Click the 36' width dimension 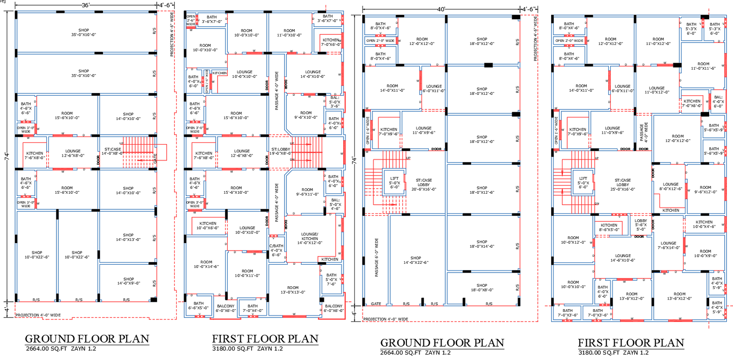(x=86, y=5)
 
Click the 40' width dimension (x=441, y=9)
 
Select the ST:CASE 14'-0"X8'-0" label (x=113, y=151)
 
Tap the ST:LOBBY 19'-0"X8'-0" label (x=280, y=151)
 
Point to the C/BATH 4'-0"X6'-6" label (x=276, y=250)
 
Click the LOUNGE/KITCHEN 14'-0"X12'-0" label (x=310, y=238)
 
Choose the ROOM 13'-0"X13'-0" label (x=293, y=290)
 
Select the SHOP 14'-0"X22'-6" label (x=416, y=260)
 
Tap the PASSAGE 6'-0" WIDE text (x=377, y=257)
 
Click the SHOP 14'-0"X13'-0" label (x=128, y=237)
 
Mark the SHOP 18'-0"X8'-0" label (x=482, y=287)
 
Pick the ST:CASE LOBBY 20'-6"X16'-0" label (x=424, y=185)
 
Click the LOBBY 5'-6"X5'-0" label (x=641, y=225)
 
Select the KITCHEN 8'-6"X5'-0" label (x=609, y=227)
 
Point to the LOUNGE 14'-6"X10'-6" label (x=623, y=258)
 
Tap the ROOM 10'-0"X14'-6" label (x=206, y=264)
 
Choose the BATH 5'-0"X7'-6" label (x=331, y=279)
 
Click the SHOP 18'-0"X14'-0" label (x=482, y=244)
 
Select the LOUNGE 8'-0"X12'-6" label (x=671, y=186)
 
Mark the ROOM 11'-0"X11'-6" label (x=703, y=66)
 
